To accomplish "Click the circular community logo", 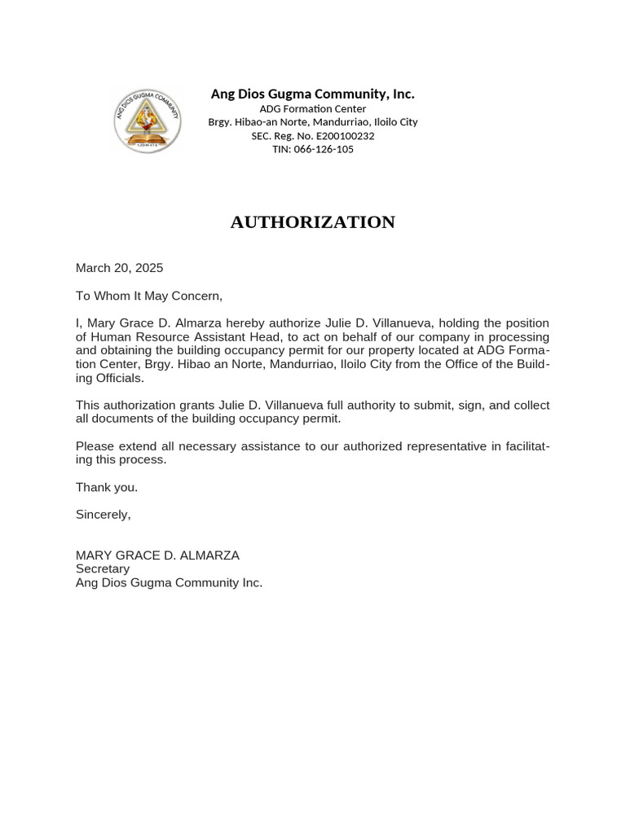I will pos(147,121).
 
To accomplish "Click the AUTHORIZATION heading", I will pos(312,222).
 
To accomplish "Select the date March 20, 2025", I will pos(119,268).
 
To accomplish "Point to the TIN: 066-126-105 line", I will pos(312,150).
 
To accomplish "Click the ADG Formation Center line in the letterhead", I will pos(312,109).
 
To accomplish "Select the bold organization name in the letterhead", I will pos(312,94).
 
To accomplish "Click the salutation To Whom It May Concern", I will pos(148,296).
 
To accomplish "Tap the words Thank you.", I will pos(106,487).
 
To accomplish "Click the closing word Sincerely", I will pos(103,515).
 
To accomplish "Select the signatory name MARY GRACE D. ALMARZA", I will pos(157,555).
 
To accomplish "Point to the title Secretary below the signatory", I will pos(103,569).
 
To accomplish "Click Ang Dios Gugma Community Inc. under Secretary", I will pos(169,583).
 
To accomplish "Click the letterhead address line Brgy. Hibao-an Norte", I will pos(312,122).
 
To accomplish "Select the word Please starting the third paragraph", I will pos(95,446).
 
